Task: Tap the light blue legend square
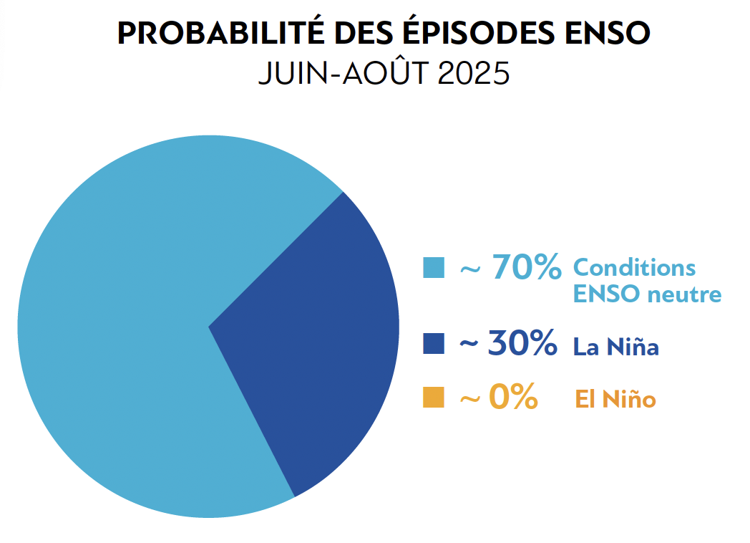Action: coord(434,268)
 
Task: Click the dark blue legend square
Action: coord(434,344)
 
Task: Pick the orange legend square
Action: coord(434,398)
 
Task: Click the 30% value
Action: coord(522,344)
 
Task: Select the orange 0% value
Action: coord(513,398)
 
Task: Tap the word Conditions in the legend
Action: coord(634,267)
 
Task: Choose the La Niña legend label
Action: coord(615,347)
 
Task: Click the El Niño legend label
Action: coord(615,399)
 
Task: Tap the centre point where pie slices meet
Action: coord(208,327)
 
